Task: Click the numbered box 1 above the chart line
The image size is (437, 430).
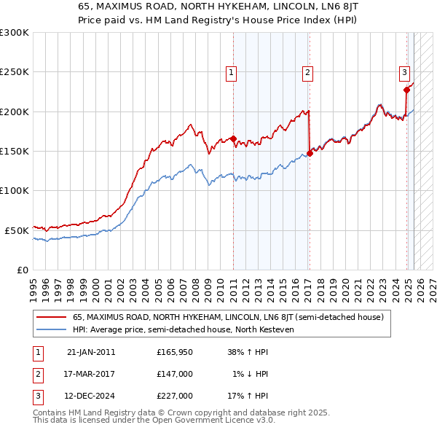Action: pos(231,72)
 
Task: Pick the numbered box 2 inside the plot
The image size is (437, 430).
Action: pos(308,72)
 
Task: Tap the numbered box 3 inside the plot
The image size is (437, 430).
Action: pos(404,72)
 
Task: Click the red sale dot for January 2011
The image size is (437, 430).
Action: pos(233,138)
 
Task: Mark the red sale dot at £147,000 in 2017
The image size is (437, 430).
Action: pos(310,153)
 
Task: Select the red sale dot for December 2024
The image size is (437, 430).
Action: pos(406,90)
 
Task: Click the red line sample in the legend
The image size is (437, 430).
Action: pos(52,317)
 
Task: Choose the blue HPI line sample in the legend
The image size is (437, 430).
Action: pos(52,329)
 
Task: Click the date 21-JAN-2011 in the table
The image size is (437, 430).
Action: pos(91,352)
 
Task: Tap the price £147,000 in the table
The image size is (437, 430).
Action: pos(175,374)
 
